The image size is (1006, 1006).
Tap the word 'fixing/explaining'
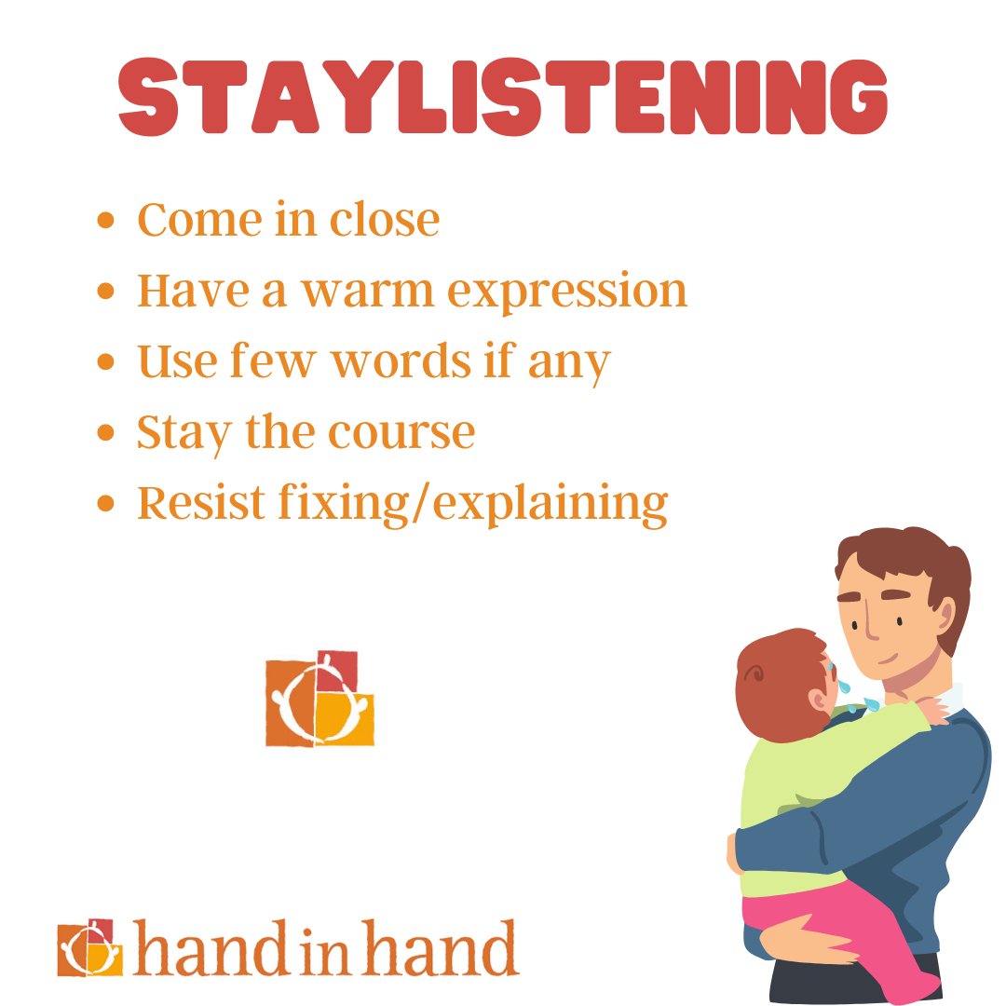[469, 504]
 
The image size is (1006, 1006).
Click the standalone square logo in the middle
[319, 699]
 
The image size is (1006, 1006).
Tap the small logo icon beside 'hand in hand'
[89, 946]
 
